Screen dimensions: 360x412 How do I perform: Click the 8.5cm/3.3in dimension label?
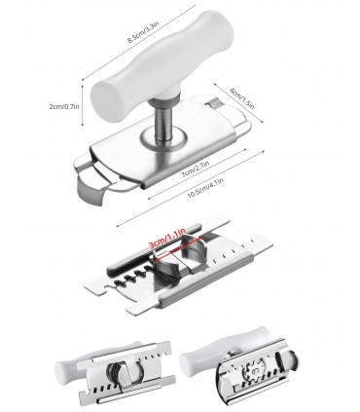(143, 31)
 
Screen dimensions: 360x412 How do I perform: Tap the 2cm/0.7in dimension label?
(64, 106)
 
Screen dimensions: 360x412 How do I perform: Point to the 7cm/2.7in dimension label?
(195, 169)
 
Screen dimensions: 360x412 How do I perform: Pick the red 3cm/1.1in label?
(166, 239)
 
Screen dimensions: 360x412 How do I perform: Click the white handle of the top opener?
(162, 65)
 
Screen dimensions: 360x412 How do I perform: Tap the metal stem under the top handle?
(162, 122)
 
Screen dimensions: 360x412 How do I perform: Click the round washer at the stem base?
(164, 137)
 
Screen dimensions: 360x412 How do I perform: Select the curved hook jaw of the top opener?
(91, 193)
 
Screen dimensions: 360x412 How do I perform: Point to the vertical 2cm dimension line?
(83, 105)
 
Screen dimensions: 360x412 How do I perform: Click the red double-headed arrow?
(178, 249)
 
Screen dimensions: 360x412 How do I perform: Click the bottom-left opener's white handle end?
(63, 371)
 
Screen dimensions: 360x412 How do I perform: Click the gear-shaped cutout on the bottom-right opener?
(254, 369)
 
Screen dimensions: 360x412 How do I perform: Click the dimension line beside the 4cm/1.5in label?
(238, 102)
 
